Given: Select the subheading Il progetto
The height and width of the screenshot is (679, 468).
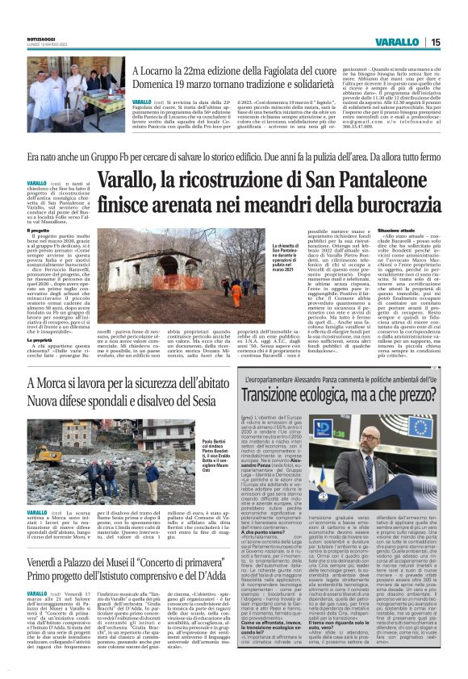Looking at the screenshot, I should click(38, 231).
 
